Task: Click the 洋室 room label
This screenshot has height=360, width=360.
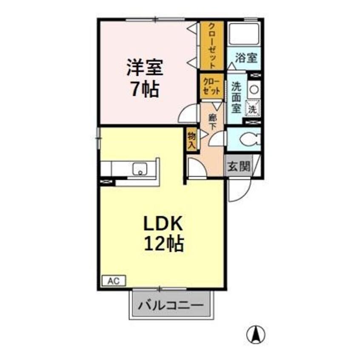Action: [x=145, y=68]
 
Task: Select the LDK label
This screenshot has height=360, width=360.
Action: [x=162, y=224]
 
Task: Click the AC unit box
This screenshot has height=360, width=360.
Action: [x=113, y=281]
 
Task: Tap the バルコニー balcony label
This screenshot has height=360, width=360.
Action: [x=170, y=305]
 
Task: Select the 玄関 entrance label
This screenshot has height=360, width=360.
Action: [x=238, y=164]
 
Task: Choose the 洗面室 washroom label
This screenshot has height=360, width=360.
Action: [x=236, y=97]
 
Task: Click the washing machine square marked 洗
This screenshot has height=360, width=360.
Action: [x=253, y=108]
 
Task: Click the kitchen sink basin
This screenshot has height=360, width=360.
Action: [x=140, y=169]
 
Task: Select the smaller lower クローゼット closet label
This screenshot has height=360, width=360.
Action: [x=211, y=85]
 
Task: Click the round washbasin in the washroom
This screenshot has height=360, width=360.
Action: [x=254, y=89]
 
